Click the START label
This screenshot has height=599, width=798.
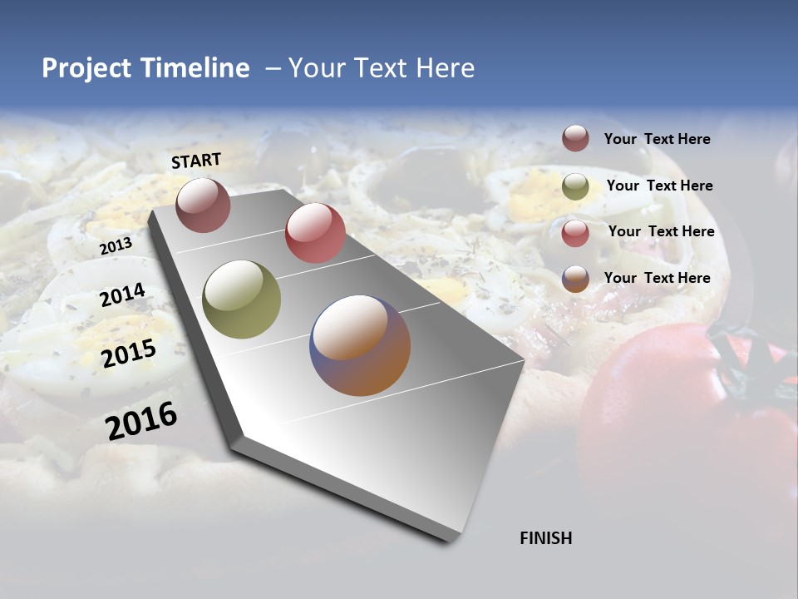point(196,161)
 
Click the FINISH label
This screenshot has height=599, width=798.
point(546,538)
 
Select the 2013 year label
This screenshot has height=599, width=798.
point(116,246)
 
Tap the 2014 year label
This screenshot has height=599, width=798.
point(123,295)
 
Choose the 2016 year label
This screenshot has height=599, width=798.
point(142,421)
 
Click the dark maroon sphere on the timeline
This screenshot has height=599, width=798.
point(204,205)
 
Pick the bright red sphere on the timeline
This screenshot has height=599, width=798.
point(315,233)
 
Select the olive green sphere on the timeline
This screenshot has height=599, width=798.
point(241,299)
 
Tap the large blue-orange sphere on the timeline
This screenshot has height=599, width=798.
point(360,345)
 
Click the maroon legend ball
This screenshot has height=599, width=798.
point(575,138)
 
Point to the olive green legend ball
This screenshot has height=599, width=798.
point(575,186)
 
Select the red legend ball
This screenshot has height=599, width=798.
point(575,233)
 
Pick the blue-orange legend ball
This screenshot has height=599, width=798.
point(575,279)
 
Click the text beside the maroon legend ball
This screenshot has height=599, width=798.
point(658,139)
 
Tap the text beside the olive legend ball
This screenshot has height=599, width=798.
point(660,186)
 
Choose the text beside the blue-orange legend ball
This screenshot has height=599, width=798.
point(658,278)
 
